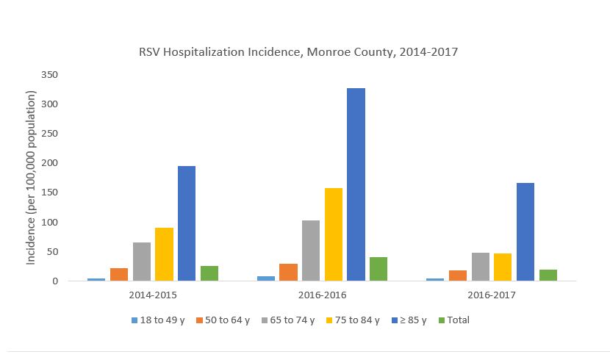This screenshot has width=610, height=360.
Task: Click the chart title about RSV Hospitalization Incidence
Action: pyautogui.click(x=298, y=53)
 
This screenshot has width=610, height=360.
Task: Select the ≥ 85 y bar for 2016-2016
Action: pyautogui.click(x=356, y=184)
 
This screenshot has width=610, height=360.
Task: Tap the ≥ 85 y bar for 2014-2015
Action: pyautogui.click(x=187, y=223)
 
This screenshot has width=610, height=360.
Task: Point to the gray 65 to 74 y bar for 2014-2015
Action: pyautogui.click(x=142, y=262)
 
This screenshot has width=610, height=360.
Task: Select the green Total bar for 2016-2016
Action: pyautogui.click(x=378, y=269)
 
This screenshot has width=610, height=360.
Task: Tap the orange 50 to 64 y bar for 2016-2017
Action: pyautogui.click(x=458, y=276)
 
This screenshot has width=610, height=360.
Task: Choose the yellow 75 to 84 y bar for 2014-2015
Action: pyautogui.click(x=164, y=254)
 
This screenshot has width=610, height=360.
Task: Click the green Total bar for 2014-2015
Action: pyautogui.click(x=209, y=273)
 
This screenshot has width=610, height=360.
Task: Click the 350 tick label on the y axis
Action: pyautogui.click(x=50, y=75)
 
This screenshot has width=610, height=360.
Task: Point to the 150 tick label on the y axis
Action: pyautogui.click(x=50, y=192)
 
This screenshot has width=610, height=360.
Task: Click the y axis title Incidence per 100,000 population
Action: pyautogui.click(x=32, y=178)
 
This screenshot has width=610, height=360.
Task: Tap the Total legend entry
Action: pyautogui.click(x=453, y=320)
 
